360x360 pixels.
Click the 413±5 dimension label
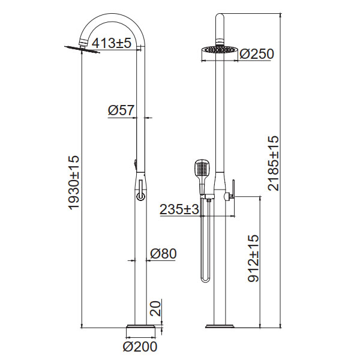click(112, 43)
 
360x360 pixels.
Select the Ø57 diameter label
click(121, 110)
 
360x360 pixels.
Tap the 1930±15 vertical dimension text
click(74, 182)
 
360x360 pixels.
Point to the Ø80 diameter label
click(163, 254)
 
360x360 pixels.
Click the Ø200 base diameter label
click(140, 347)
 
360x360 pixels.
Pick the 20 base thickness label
click(155, 309)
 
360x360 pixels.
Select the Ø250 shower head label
click(257, 54)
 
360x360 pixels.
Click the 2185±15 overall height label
click(274, 163)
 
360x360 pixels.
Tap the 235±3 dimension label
click(179, 209)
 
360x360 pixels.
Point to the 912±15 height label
click(253, 258)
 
